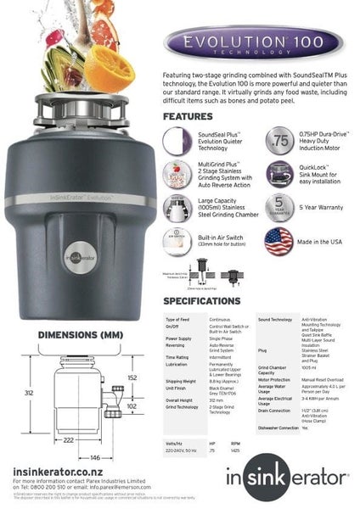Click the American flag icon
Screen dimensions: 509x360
pos(278,241)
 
